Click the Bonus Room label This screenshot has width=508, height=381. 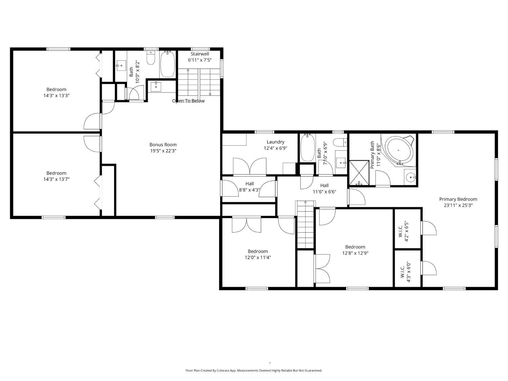(163, 145)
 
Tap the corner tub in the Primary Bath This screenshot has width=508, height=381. (399, 150)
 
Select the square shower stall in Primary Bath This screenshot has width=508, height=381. (359, 172)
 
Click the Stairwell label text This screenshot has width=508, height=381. (200, 54)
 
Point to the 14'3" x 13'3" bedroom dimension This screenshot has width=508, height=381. (56, 96)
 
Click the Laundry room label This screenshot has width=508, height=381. (275, 142)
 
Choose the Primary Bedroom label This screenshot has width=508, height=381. (458, 199)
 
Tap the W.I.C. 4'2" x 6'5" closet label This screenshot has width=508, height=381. (404, 232)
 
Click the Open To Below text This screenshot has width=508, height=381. (188, 101)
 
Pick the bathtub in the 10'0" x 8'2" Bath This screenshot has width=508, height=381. (167, 64)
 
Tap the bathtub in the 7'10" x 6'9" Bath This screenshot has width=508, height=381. (308, 148)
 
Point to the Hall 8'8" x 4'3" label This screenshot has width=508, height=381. (250, 187)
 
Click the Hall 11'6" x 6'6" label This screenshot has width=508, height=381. (324, 188)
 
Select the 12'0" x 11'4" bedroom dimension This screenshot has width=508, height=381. (258, 257)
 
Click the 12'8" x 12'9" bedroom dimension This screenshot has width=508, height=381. (355, 253)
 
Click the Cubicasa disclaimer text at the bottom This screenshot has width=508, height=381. (254, 371)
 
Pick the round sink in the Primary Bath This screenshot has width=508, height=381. (410, 177)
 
